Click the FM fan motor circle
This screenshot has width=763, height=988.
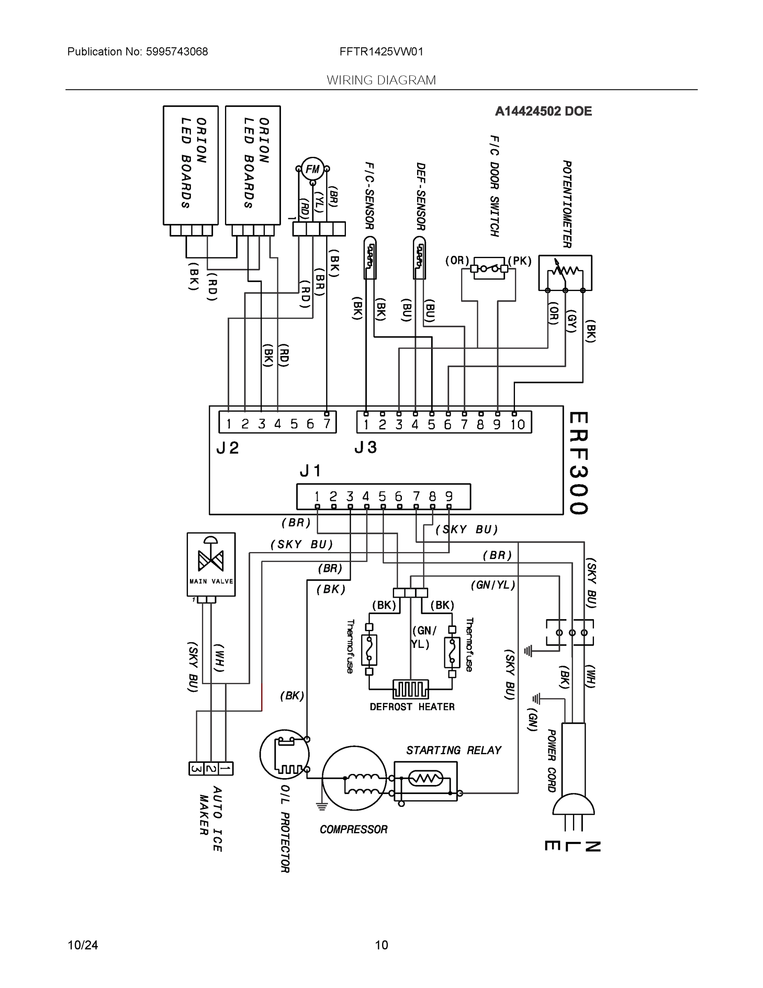point(312,169)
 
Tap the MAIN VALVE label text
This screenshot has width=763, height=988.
point(211,581)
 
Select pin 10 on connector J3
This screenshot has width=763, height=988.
point(517,424)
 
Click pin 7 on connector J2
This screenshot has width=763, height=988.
point(326,424)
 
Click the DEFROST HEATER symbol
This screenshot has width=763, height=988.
point(410,690)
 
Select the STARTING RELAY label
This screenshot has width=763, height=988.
point(453,750)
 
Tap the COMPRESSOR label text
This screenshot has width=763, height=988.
point(353,829)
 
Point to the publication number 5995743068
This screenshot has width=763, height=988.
point(177,51)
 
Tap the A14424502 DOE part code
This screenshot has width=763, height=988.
point(543,111)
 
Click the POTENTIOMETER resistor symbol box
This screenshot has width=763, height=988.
point(565,273)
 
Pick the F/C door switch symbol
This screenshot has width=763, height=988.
point(489,269)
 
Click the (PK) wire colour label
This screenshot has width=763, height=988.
point(519,261)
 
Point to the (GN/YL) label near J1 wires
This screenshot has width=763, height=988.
point(493,585)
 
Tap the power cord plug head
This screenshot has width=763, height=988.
point(573,806)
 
